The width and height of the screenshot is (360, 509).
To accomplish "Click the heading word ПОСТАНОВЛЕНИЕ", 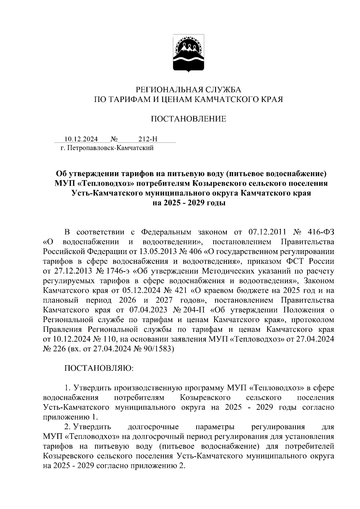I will pyautogui.click(x=188, y=119).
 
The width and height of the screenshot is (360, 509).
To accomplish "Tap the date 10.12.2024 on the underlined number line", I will pyautogui.click(x=81, y=139).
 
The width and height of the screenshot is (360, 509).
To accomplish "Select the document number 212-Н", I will pyautogui.click(x=148, y=139).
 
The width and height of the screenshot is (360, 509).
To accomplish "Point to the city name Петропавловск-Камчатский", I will pyautogui.click(x=111, y=148).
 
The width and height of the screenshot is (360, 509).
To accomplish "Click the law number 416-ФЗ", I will pyautogui.click(x=321, y=232).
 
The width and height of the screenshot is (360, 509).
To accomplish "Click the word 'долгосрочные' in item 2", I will pyautogui.click(x=153, y=427).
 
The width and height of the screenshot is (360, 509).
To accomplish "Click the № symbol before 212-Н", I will pyautogui.click(x=114, y=139).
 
